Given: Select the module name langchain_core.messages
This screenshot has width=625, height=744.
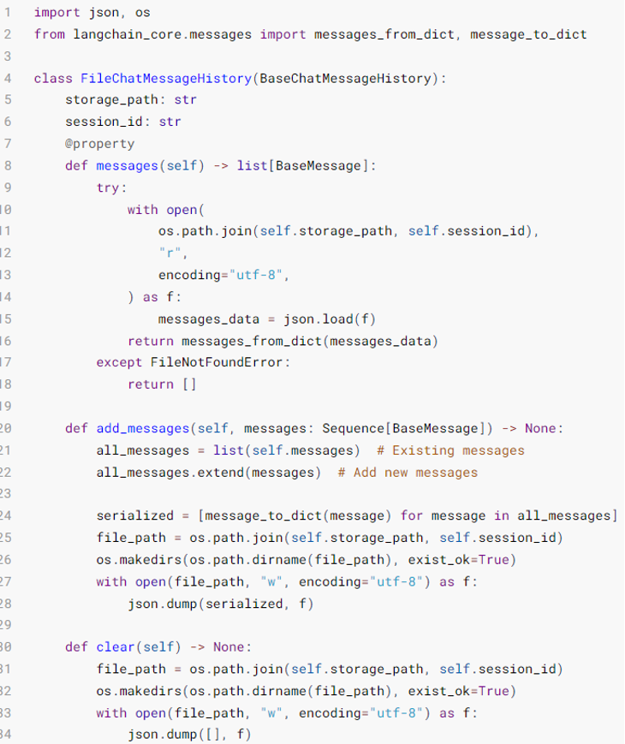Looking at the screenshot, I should [158, 34].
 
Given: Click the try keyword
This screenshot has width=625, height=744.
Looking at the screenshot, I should [111, 187].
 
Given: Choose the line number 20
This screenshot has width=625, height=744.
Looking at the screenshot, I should [7, 428].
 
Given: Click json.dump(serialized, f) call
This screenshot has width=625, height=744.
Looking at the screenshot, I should [220, 604].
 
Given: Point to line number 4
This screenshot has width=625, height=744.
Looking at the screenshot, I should [7, 78].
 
